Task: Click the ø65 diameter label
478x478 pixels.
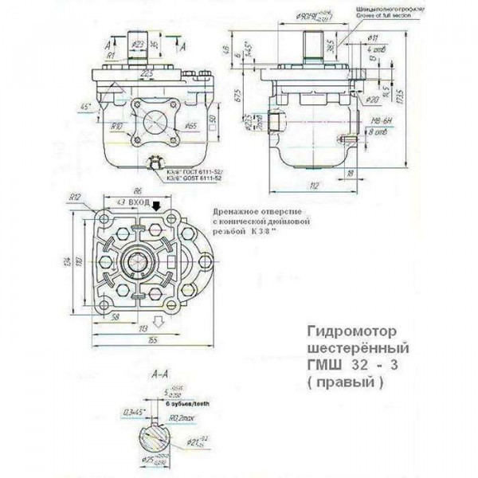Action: click(190, 127)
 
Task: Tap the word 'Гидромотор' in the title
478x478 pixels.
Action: click(350, 330)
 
